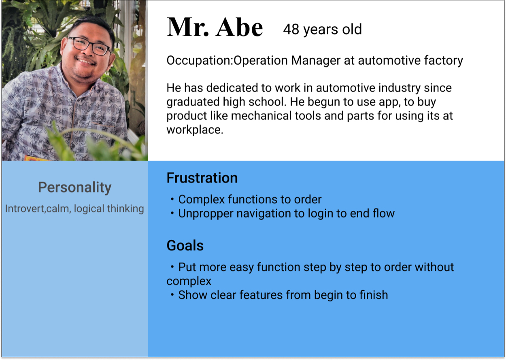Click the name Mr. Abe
click(x=215, y=27)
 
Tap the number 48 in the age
click(x=291, y=30)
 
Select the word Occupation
click(x=199, y=61)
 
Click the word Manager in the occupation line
click(x=316, y=60)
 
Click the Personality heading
click(x=74, y=188)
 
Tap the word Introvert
click(x=25, y=209)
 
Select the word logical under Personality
click(x=89, y=209)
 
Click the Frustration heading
click(x=202, y=178)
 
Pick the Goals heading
click(x=185, y=246)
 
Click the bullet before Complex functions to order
click(x=172, y=199)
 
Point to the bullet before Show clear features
click(x=172, y=294)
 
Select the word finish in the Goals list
click(x=374, y=295)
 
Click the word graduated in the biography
click(x=193, y=102)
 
